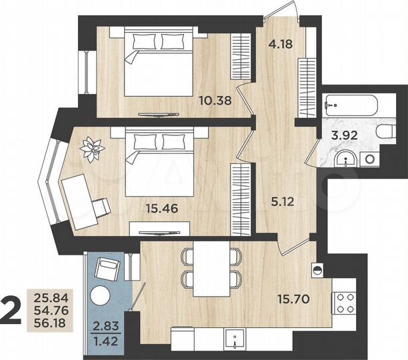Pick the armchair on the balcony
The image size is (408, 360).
pyautogui.click(x=107, y=269)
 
